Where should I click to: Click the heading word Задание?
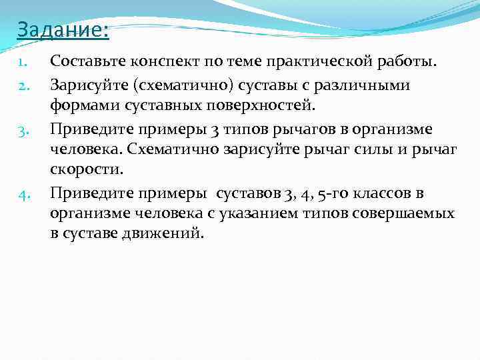pyautogui.click(x=61, y=31)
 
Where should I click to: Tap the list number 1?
pyautogui.click(x=21, y=64)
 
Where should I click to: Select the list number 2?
pyautogui.click(x=21, y=86)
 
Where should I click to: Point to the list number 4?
pyautogui.click(x=21, y=195)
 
